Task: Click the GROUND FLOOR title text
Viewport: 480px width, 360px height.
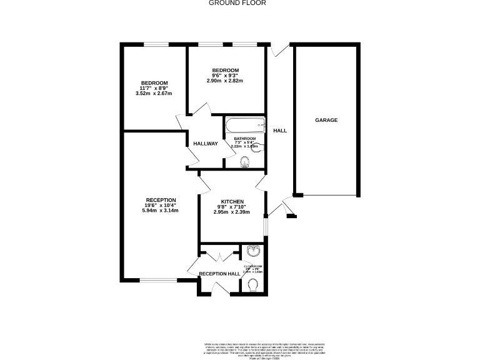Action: [237, 3]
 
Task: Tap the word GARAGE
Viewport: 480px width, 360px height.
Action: [326, 120]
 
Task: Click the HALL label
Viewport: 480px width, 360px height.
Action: [279, 131]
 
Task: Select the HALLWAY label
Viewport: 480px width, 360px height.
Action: [205, 144]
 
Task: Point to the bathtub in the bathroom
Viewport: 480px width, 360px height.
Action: [244, 123]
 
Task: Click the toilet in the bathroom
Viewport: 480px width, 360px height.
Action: [245, 162]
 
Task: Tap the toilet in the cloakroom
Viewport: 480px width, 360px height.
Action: [253, 285]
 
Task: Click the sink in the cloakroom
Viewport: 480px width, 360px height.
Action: [254, 252]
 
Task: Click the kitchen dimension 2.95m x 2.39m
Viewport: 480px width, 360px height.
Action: [231, 212]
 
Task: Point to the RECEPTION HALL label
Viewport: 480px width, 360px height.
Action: [219, 274]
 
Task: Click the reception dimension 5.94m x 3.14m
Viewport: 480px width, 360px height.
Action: [161, 211]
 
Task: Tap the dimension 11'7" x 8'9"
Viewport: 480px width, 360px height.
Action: [153, 89]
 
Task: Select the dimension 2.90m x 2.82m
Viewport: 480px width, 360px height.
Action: [224, 81]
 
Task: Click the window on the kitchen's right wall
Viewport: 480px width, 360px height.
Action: [265, 226]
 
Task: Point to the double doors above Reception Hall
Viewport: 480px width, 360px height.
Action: [219, 256]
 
